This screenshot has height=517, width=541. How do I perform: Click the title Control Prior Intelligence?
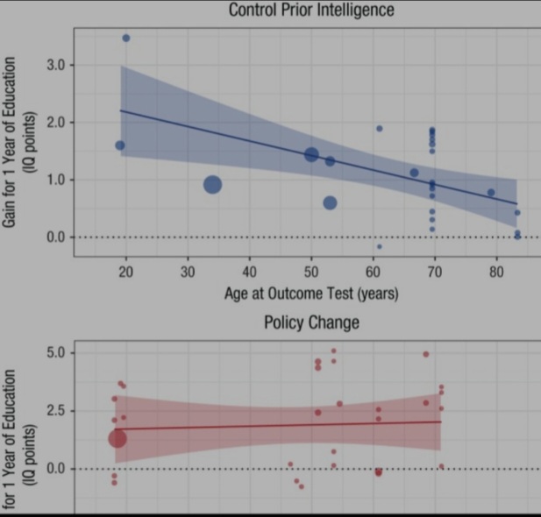[311, 11]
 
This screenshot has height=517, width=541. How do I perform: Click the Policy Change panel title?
[311, 323]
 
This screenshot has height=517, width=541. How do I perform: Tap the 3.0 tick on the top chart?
[54, 65]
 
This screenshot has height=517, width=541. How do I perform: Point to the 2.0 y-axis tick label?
[54, 122]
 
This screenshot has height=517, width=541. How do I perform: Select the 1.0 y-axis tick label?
[54, 180]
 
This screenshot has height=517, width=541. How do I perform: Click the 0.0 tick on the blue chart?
[54, 237]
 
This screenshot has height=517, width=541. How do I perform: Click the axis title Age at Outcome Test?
[311, 294]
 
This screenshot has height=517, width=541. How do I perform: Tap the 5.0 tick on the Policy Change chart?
[54, 353]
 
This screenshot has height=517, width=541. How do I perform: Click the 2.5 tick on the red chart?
[54, 410]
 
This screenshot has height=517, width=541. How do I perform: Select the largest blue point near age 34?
[212, 184]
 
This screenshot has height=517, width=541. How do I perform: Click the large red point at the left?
[117, 438]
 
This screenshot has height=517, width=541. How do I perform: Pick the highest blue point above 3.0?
[126, 38]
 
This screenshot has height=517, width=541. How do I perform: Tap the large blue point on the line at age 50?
[311, 154]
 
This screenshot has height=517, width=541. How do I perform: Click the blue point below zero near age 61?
[379, 246]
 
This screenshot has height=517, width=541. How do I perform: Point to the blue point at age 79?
[491, 192]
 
